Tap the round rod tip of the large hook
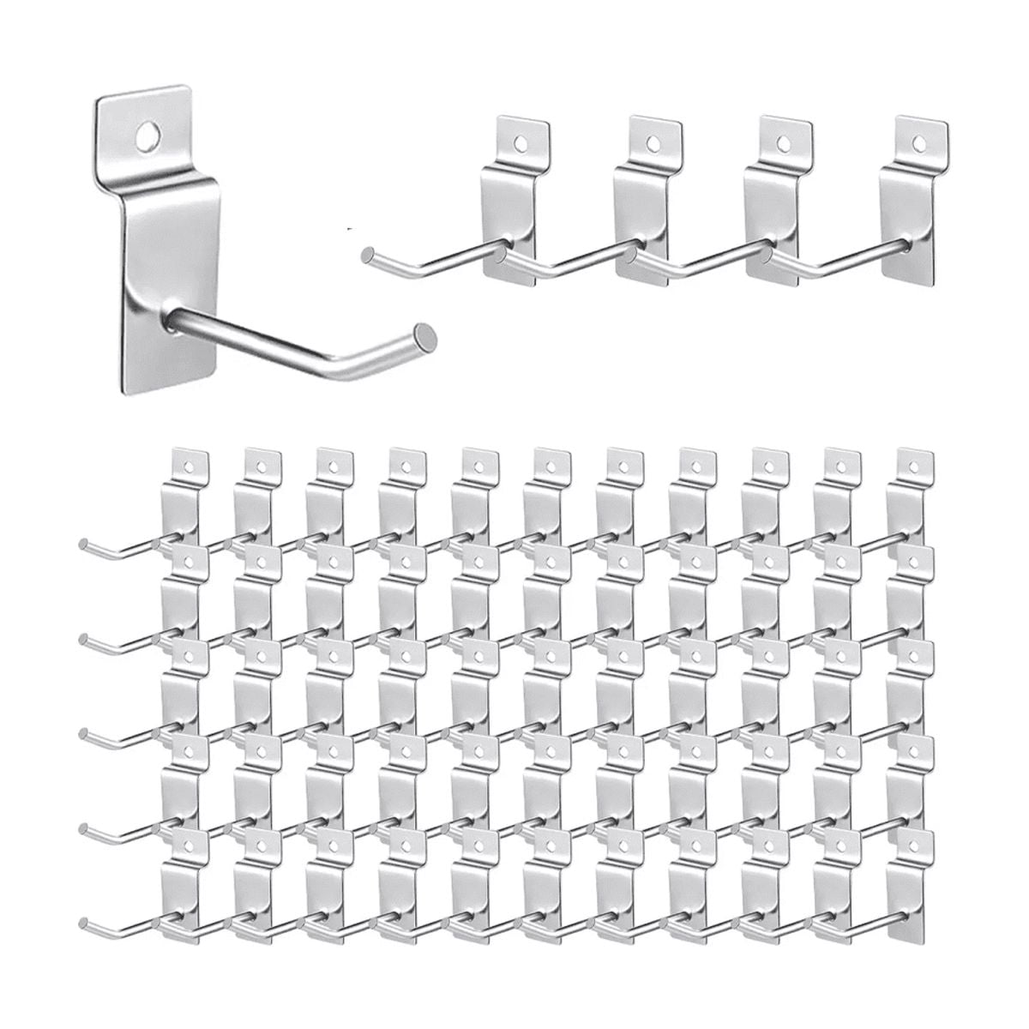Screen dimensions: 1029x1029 (424, 332)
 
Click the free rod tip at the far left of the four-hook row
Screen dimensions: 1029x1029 (367, 254)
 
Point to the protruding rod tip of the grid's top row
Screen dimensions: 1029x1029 (83, 544)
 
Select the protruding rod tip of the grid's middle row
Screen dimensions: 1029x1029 (83, 731)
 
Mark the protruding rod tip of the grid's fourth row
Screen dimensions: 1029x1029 (83, 825)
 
